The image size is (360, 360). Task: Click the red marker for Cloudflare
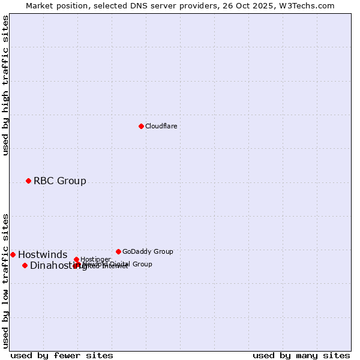(x=141, y=126)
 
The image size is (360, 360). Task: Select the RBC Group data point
(x=28, y=181)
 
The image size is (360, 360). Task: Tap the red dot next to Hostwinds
(x=13, y=254)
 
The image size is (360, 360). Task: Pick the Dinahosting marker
(x=25, y=265)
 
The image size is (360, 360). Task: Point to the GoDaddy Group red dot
(x=118, y=251)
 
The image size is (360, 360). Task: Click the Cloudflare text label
(x=161, y=126)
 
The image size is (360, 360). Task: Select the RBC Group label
(x=59, y=181)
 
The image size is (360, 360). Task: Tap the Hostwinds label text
(x=42, y=254)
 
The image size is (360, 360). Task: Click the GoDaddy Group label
(x=147, y=251)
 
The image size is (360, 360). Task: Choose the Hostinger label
(x=95, y=259)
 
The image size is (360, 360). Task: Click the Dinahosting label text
(x=54, y=265)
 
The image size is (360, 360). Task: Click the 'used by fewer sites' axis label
(x=62, y=355)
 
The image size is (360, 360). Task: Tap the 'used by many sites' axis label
(x=301, y=355)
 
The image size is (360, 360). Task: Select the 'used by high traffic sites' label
(x=5, y=85)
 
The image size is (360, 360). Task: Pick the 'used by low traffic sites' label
(x=5, y=280)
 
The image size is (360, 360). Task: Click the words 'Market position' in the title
(x=53, y=5)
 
